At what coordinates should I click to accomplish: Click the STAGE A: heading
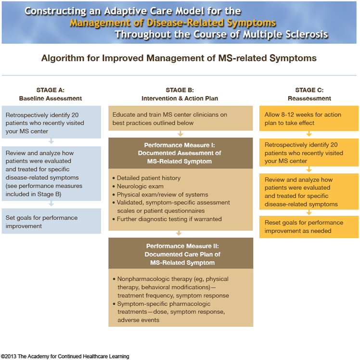pyautogui.click(x=51, y=90)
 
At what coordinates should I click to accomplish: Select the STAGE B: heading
pyautogui.click(x=180, y=90)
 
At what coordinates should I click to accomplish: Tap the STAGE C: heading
pyautogui.click(x=309, y=90)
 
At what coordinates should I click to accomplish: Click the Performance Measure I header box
pyautogui.click(x=180, y=153)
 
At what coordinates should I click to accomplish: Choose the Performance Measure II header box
pyautogui.click(x=180, y=253)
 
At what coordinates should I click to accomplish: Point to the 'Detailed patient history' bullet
pyautogui.click(x=146, y=178)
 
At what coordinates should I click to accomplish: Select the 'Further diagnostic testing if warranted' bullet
pyautogui.click(x=167, y=219)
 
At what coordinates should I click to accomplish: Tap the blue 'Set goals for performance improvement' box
pyautogui.click(x=51, y=221)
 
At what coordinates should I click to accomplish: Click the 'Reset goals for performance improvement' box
pyautogui.click(x=309, y=227)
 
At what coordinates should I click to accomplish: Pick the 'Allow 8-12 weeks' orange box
pyautogui.click(x=309, y=118)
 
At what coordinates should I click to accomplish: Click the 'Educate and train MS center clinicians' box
pyautogui.click(x=180, y=118)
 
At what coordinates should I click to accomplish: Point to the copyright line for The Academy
pyautogui.click(x=65, y=356)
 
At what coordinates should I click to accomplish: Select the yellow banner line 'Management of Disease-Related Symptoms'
pyautogui.click(x=173, y=23)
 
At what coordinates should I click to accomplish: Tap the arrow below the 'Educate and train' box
pyautogui.click(x=180, y=134)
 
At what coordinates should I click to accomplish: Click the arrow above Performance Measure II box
pyautogui.click(x=179, y=233)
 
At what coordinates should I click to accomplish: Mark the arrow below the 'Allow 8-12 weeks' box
pyautogui.click(x=309, y=134)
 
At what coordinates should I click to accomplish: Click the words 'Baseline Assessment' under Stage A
pyautogui.click(x=51, y=99)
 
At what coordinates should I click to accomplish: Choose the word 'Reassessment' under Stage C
pyautogui.click(x=309, y=99)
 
